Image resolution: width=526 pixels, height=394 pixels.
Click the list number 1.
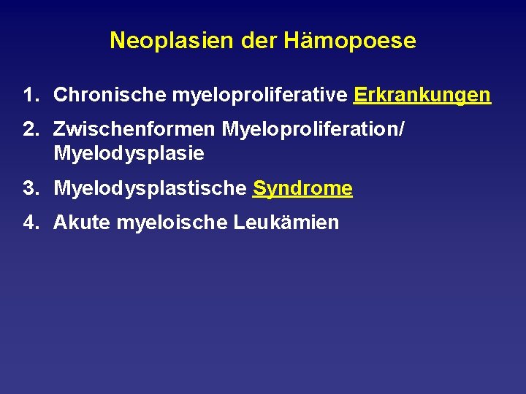click(x=28, y=96)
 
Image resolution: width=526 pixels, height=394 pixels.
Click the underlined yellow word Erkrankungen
click(x=422, y=96)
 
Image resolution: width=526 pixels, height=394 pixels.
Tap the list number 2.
click(x=28, y=131)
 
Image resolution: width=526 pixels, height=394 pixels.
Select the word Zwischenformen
click(x=134, y=131)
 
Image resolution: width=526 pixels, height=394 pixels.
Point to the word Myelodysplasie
click(x=129, y=154)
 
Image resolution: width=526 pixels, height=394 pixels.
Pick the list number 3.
click(x=28, y=189)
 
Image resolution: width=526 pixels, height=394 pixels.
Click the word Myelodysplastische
click(x=150, y=189)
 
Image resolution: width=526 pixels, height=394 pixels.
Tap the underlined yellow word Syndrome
click(x=302, y=189)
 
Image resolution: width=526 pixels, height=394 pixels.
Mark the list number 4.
click(x=28, y=223)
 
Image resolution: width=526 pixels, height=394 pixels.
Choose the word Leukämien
click(x=286, y=223)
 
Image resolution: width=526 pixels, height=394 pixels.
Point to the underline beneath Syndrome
click(x=302, y=198)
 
